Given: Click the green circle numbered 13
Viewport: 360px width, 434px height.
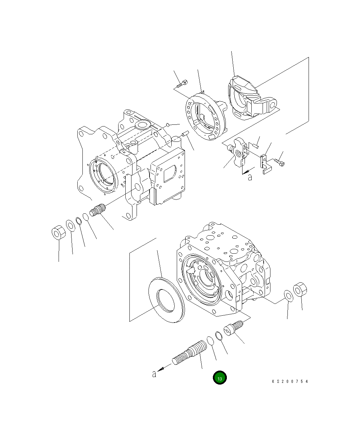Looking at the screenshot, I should pos(220,378).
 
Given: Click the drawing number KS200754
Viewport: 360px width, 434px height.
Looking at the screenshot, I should pos(290,381).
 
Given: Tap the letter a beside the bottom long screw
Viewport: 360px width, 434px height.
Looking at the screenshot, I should pos(154,374).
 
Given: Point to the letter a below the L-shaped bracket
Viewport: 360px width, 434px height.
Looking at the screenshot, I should pos(250,177).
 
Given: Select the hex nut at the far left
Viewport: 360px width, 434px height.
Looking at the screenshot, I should pos(59,233).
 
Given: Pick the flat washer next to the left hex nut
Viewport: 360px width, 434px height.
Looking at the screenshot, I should pos(71,226).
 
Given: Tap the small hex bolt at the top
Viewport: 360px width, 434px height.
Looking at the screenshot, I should pos(182,83).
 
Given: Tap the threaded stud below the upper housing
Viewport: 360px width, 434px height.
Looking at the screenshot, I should pos(98,210).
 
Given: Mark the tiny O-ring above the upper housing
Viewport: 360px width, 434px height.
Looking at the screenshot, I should pos(168,125).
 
